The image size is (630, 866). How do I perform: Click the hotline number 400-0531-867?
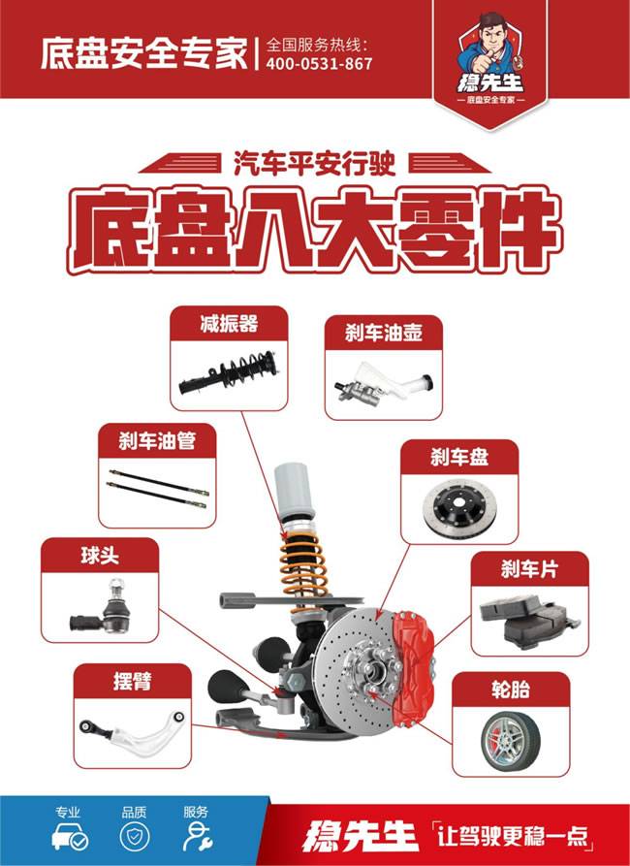point(319,64)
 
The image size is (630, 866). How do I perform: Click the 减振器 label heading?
point(229,324)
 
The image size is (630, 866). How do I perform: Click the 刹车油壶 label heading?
point(384,333)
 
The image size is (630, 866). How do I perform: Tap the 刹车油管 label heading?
point(157,441)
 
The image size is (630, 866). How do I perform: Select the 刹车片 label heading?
point(529,569)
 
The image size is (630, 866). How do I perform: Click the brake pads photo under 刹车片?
point(529,619)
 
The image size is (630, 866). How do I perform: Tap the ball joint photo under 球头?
point(101,610)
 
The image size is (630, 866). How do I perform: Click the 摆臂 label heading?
point(132,681)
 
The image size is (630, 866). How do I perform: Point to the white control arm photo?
point(133,730)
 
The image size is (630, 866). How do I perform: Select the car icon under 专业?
point(70,837)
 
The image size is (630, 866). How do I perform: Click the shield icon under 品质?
point(134,837)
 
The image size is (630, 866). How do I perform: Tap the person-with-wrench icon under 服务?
point(197,837)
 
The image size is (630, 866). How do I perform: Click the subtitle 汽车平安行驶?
point(314,164)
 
